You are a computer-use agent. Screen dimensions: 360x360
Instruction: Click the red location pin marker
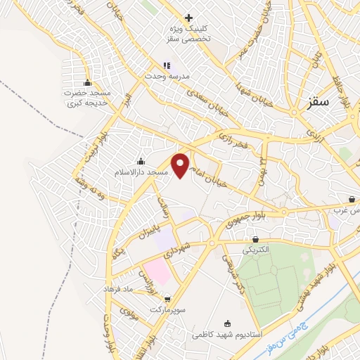[x=182, y=164]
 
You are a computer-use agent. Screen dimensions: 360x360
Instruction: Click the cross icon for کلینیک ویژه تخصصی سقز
[x=188, y=18]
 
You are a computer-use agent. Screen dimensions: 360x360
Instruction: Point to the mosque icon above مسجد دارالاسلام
[x=141, y=161]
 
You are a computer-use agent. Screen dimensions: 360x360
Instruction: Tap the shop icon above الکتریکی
[x=246, y=239]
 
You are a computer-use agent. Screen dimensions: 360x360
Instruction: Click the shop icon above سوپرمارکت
[x=166, y=298]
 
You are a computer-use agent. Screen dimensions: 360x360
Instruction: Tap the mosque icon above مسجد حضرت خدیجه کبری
[x=87, y=82]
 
